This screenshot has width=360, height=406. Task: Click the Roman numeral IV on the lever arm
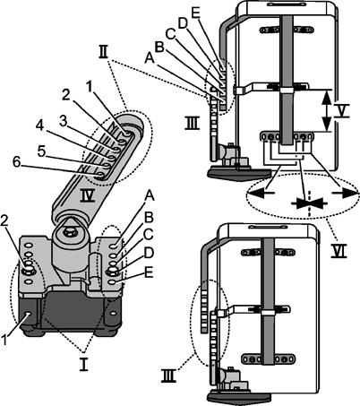(88, 195)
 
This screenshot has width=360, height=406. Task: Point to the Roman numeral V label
(341, 110)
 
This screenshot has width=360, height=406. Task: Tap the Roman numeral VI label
(339, 250)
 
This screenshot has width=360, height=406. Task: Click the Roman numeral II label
(103, 54)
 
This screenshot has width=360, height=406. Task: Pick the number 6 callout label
(18, 163)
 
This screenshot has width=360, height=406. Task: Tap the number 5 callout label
(42, 151)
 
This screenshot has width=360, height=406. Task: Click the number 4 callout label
(40, 126)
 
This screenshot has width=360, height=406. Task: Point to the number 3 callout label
(63, 122)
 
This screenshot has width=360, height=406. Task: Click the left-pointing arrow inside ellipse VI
(261, 194)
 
